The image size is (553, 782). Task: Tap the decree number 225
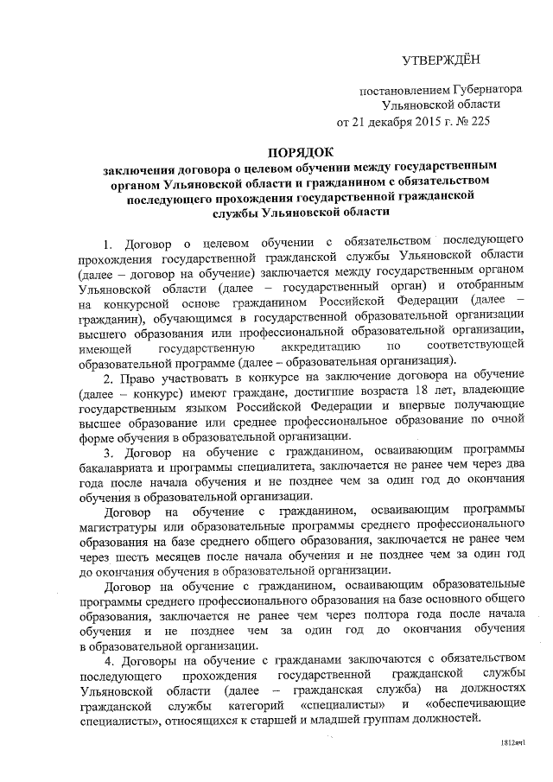click(x=477, y=121)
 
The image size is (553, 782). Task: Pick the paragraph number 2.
click(x=106, y=378)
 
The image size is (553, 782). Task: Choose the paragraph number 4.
click(x=106, y=662)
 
